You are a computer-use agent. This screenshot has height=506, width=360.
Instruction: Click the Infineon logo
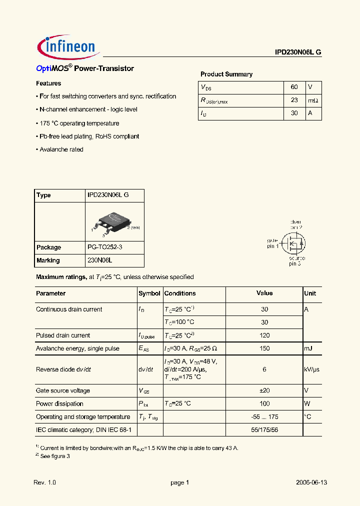67,46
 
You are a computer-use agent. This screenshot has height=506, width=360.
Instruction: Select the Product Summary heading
226,74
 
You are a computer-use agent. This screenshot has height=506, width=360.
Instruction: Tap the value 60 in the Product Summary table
294,87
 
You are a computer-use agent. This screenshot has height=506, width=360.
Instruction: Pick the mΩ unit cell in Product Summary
313,100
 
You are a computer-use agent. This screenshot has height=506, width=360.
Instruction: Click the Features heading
48,83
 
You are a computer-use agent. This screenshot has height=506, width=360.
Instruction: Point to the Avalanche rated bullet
61,149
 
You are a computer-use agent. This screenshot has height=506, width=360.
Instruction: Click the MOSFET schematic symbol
292,243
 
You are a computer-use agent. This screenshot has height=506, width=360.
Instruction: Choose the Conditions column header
180,293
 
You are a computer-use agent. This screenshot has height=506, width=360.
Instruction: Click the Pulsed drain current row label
63,335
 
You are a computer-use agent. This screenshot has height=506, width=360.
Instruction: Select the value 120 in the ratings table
264,335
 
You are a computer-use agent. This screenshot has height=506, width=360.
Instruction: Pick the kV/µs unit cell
311,369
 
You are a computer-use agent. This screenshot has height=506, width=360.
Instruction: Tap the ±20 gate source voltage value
264,390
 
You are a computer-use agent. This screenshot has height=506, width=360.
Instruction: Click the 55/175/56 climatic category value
264,429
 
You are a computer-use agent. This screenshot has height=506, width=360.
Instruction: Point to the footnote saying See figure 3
54,456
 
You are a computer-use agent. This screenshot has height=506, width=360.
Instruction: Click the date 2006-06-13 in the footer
311,483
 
